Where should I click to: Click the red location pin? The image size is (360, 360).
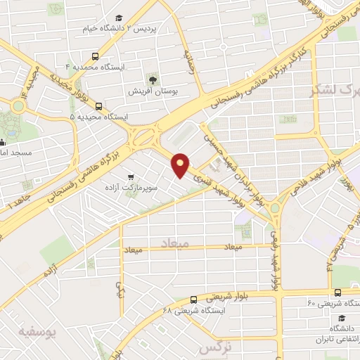coord(181,165)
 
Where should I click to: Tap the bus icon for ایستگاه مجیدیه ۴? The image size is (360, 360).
coord(95,56)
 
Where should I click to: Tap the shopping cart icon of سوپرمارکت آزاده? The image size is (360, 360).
coord(131,178)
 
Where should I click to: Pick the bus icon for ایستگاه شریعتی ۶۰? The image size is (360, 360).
coord(338,292)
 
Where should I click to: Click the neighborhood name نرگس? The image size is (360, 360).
coord(214,349)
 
